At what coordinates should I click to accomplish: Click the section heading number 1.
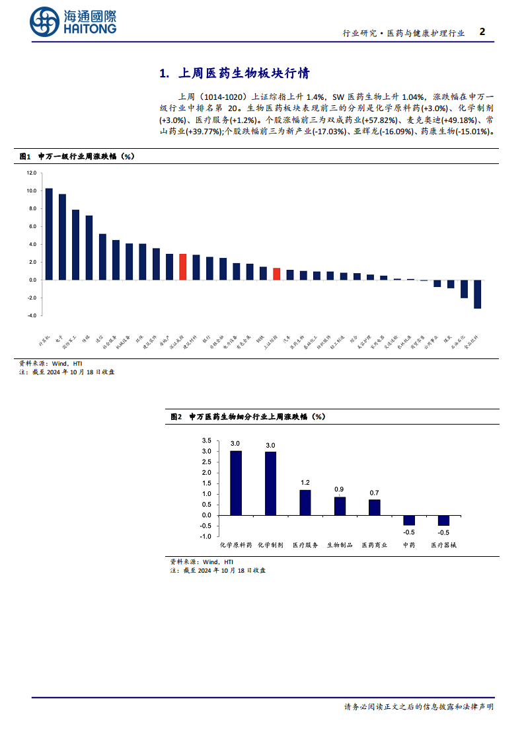(x=165, y=73)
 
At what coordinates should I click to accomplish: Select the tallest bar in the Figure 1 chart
(x=48, y=234)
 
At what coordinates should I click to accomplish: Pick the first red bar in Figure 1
(x=182, y=267)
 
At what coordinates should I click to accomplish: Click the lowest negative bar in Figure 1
(x=477, y=294)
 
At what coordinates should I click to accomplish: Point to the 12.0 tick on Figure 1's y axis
(x=32, y=173)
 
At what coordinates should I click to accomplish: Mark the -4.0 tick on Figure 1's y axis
(x=32, y=315)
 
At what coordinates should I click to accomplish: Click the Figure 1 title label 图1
(x=26, y=156)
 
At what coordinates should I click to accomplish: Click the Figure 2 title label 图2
(x=176, y=417)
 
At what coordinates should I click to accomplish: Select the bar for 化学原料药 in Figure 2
(x=236, y=483)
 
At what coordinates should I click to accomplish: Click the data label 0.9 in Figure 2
(x=339, y=490)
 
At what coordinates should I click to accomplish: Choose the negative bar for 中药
(x=409, y=520)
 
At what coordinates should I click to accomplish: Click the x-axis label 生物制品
(x=339, y=546)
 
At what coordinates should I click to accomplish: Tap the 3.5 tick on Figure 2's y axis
(x=206, y=440)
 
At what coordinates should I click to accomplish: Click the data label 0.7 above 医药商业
(x=374, y=493)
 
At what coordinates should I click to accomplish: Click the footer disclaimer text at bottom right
(x=418, y=706)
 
